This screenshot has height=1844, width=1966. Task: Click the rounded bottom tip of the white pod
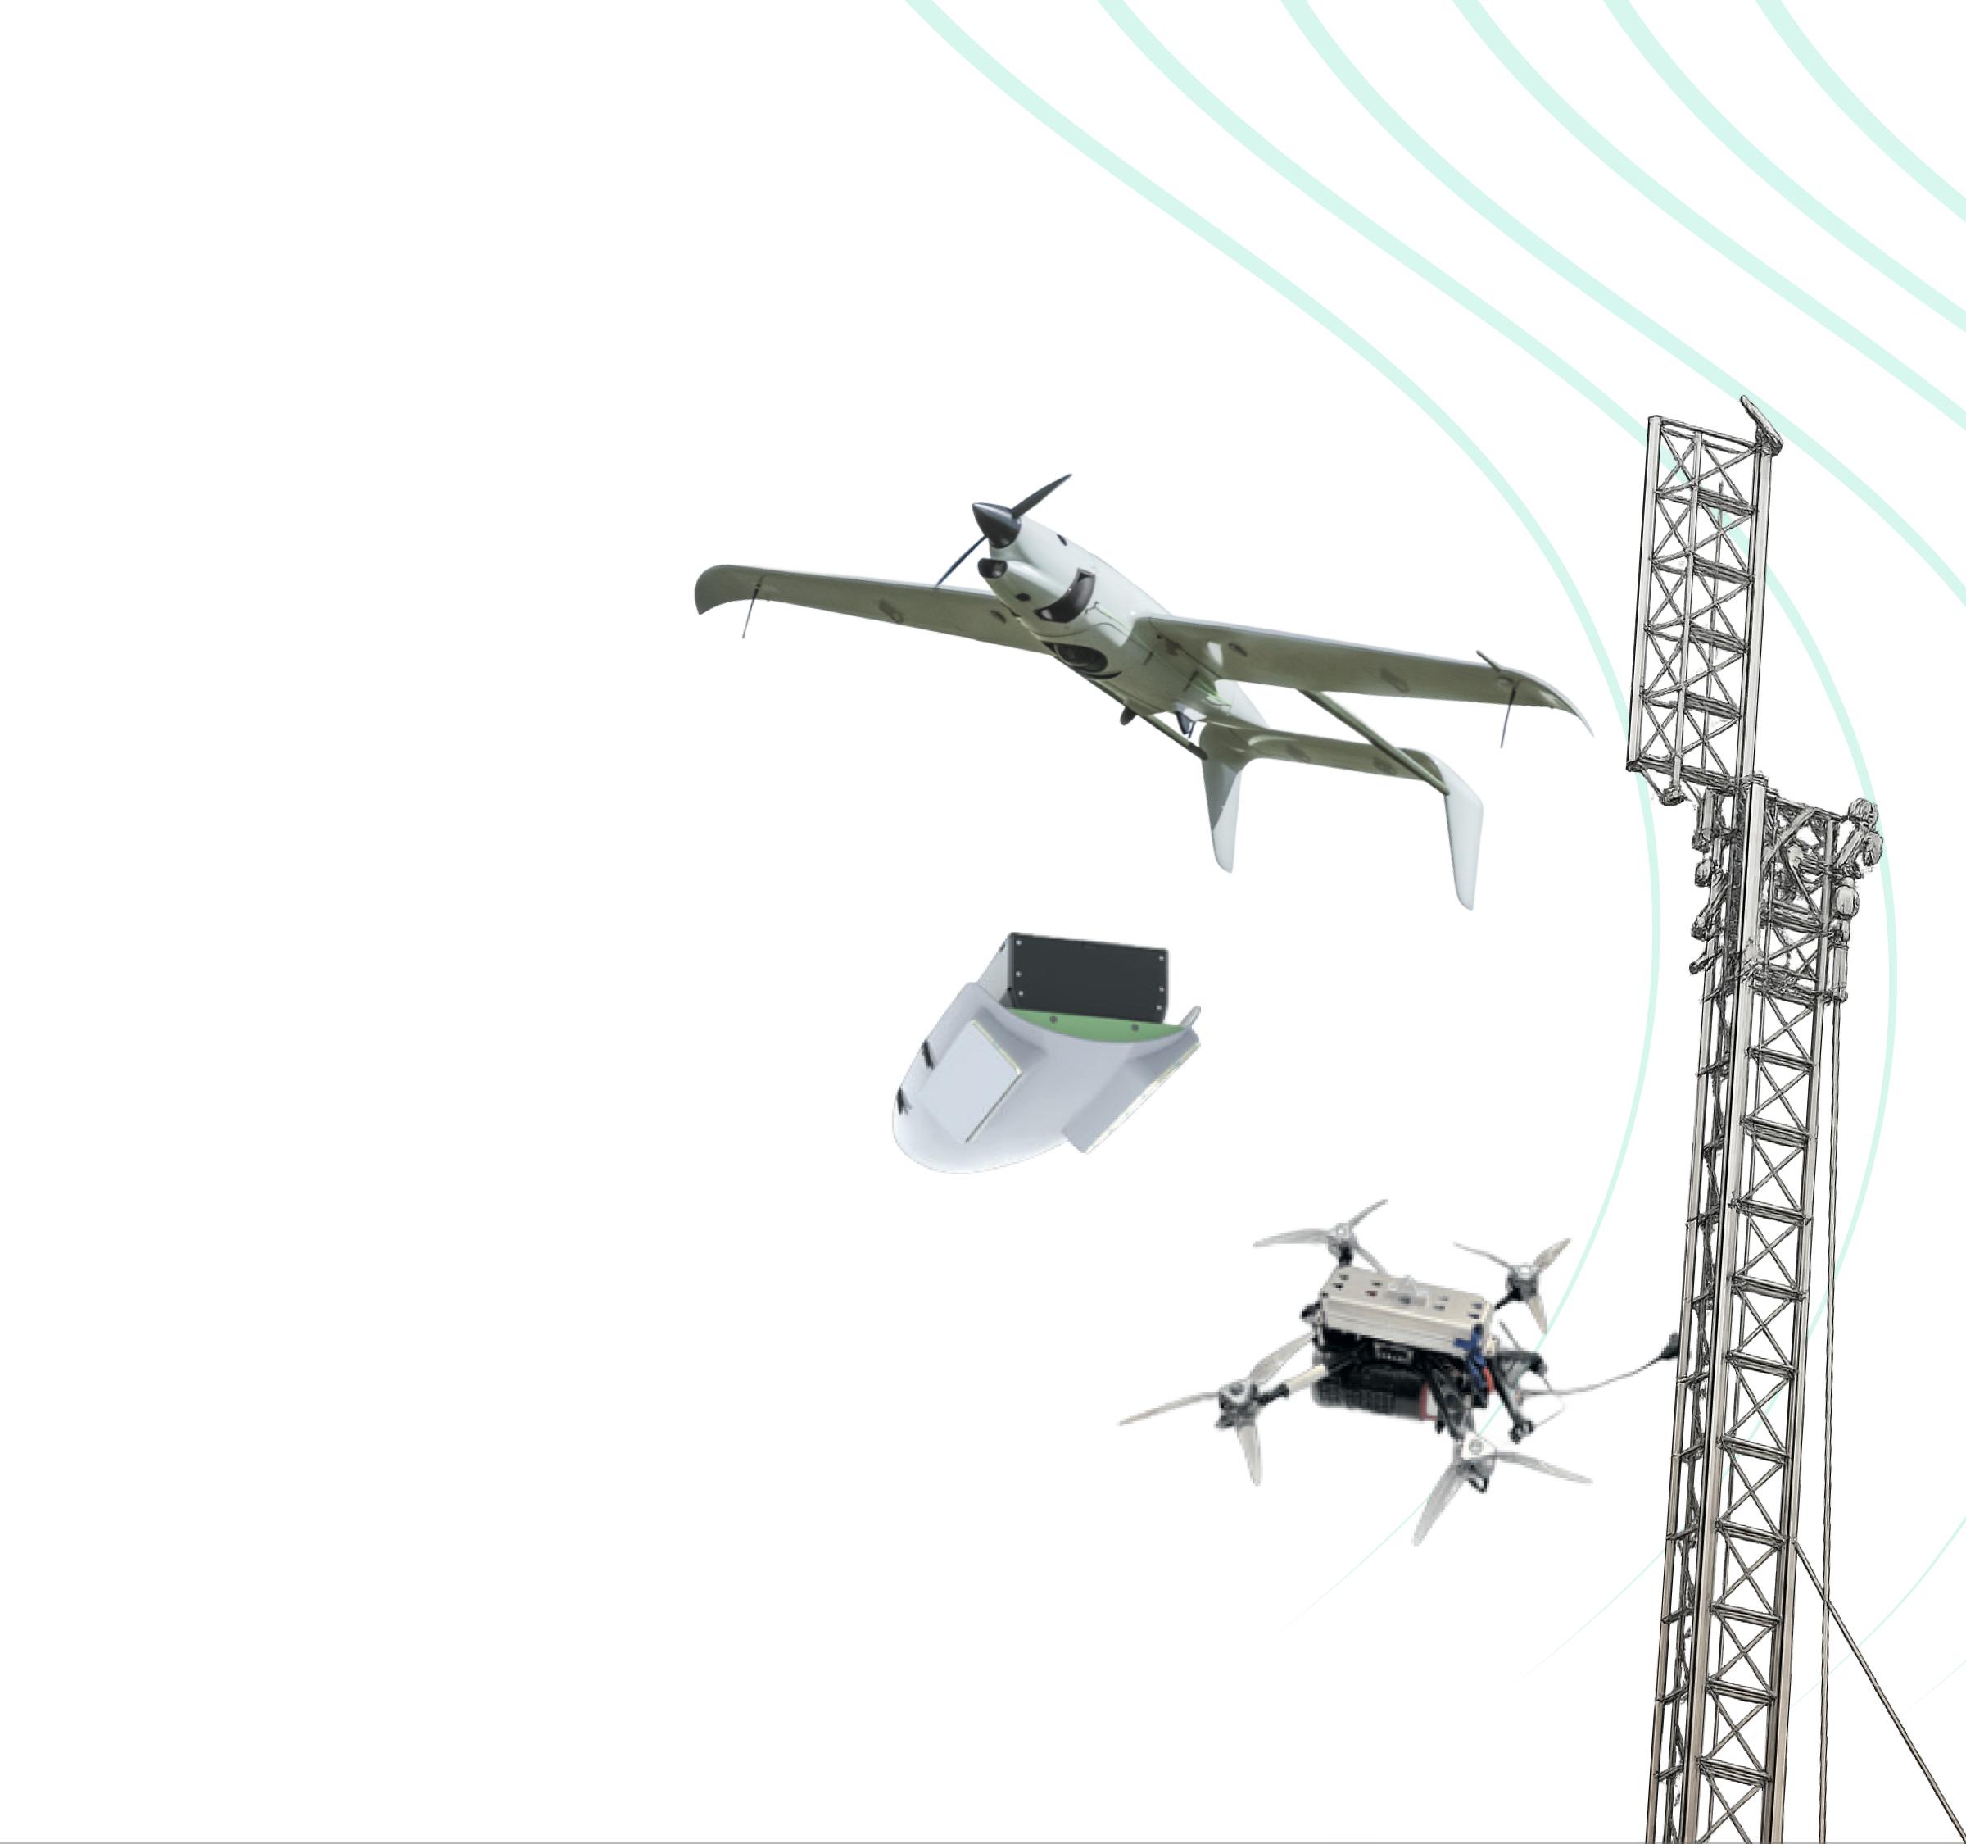pyautogui.click(x=940, y=1157)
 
